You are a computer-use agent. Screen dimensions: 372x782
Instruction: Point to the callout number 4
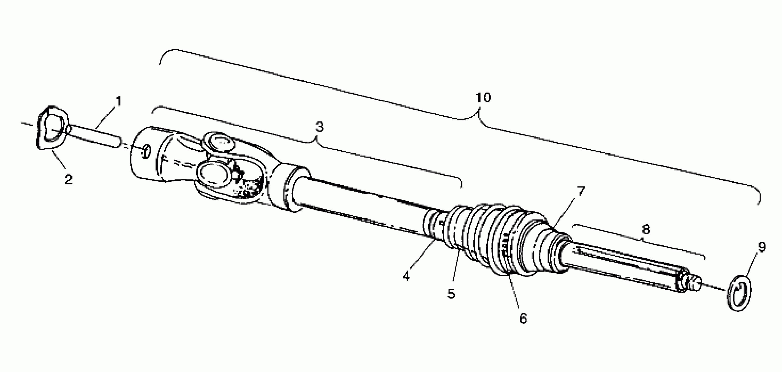[x=406, y=275]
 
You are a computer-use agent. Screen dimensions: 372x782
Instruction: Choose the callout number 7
[x=580, y=192]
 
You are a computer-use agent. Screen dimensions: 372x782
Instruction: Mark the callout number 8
[x=646, y=229]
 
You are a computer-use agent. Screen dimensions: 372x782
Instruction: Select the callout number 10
[x=483, y=98]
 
